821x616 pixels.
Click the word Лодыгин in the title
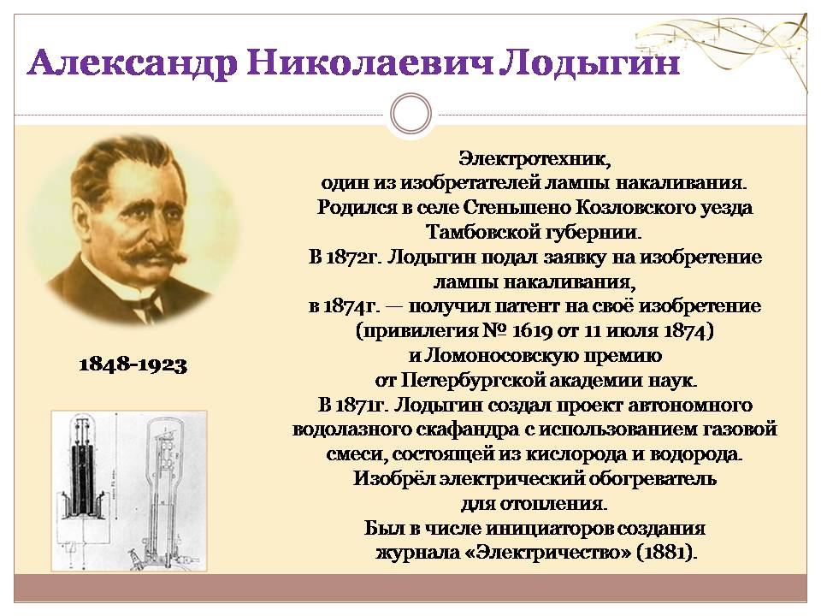click(588, 63)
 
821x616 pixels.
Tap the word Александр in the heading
click(132, 65)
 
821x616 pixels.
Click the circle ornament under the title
click(411, 114)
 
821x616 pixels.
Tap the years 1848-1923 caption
click(133, 364)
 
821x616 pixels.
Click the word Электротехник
click(535, 158)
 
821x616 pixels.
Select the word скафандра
click(465, 430)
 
